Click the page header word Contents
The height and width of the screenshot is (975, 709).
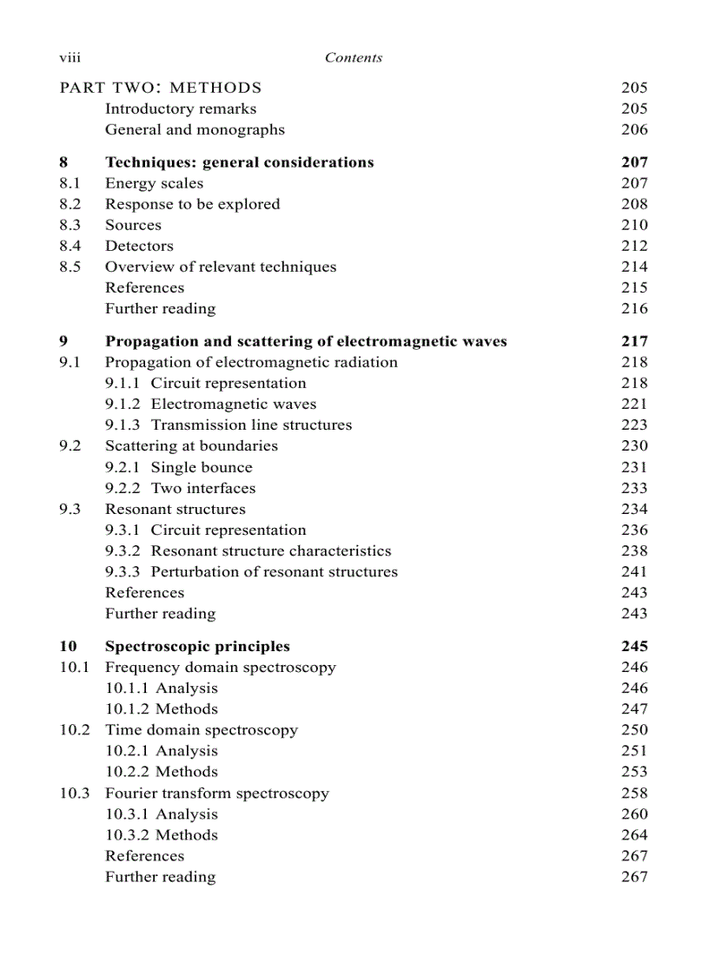(353, 58)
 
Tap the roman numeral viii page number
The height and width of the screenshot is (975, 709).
(70, 58)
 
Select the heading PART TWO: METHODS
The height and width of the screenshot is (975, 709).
(160, 88)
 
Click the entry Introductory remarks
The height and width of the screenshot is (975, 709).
(180, 109)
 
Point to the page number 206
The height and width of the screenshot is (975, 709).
(634, 129)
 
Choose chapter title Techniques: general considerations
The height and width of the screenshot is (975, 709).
(239, 162)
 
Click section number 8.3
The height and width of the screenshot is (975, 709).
(70, 225)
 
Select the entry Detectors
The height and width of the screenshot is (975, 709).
(139, 246)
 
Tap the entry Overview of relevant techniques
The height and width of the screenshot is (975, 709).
(221, 267)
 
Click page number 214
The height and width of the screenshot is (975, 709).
(634, 267)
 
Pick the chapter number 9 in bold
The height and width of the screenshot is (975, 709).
(63, 341)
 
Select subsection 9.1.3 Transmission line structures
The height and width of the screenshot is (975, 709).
(229, 425)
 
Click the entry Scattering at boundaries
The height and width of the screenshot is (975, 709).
(191, 445)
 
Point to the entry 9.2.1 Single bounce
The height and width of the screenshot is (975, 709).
(179, 467)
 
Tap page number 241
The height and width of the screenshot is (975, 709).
(634, 571)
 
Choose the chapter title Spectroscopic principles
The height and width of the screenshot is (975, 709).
(197, 646)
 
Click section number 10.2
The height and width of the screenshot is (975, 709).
(74, 729)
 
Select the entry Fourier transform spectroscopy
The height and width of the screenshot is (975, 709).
(216, 793)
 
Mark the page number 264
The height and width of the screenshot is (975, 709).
(634, 834)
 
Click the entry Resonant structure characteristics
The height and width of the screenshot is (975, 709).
(270, 550)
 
